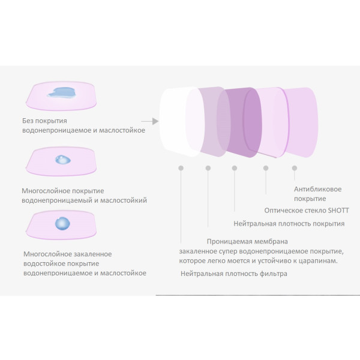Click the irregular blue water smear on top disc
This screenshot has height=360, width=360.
[62, 92]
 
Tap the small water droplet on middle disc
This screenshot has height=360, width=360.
[62, 160]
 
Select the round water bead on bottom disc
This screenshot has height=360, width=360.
[62, 223]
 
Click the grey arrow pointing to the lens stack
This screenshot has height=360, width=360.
[149, 121]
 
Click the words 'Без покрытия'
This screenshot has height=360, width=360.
[44, 121]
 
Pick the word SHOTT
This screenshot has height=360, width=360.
[338, 211]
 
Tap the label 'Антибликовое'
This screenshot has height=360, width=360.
[318, 189]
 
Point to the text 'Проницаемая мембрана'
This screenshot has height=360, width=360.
[247, 242]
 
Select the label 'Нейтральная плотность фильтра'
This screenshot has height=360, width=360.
[234, 274]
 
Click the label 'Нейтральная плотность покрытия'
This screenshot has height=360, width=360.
[289, 224]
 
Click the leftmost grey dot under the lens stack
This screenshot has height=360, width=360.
[181, 168]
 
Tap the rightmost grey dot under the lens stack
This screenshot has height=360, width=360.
[295, 168]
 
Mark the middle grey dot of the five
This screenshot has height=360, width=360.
[235, 168]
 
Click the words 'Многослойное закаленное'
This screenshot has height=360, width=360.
[67, 254]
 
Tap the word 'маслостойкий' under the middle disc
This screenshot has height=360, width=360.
[124, 200]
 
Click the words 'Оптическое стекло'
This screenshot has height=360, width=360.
[295, 211]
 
